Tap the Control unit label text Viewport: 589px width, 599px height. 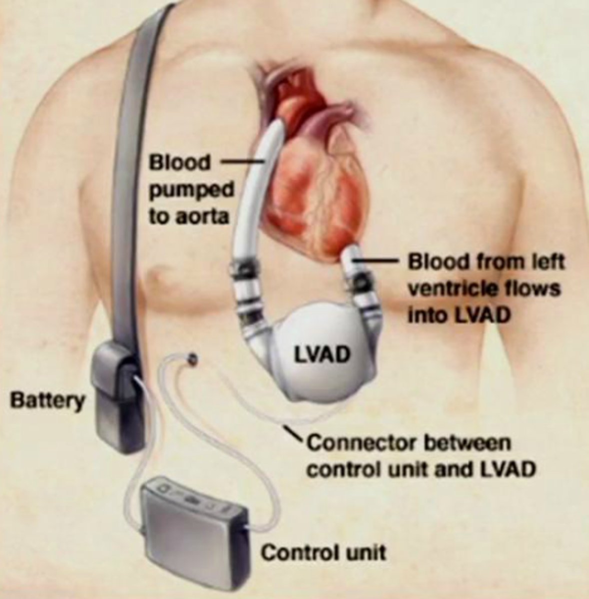tap(324, 553)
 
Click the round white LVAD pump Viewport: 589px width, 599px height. tap(320, 359)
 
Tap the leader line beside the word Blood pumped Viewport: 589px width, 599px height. tap(242, 161)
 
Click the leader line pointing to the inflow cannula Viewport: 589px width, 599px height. tap(380, 261)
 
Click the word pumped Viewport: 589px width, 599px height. tap(192, 190)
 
